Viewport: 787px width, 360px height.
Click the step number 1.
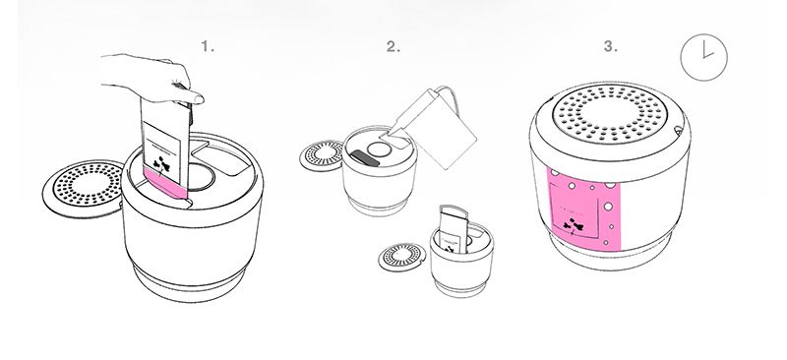pos(208,46)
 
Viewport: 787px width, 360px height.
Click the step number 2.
pos(393,46)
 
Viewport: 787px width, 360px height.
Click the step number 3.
pos(610,46)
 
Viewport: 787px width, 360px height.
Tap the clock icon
pos(703,57)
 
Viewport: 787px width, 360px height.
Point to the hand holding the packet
pos(151,78)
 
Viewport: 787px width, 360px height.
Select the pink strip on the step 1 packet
pos(166,183)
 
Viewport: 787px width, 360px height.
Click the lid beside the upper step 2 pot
pos(322,155)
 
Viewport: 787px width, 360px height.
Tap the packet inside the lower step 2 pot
pos(454,229)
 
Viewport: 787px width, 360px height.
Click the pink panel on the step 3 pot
pos(583,209)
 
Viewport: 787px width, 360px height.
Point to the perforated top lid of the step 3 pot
pos(610,113)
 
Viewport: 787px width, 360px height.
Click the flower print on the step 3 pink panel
pos(574,225)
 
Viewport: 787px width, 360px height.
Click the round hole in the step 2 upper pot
pos(379,150)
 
